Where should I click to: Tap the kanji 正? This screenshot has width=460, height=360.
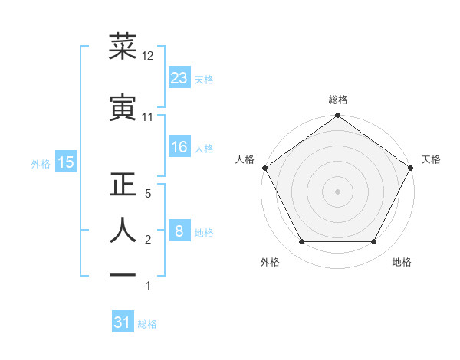pyautogui.click(x=123, y=185)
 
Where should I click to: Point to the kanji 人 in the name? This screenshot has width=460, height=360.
pyautogui.click(x=123, y=230)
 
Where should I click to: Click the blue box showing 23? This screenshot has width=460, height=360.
pyautogui.click(x=179, y=78)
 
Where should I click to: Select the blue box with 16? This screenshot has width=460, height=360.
pyautogui.click(x=179, y=148)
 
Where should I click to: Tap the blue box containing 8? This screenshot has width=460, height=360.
pyautogui.click(x=179, y=232)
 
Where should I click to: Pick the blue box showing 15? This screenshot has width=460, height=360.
pyautogui.click(x=65, y=162)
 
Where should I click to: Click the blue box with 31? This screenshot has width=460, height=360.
pyautogui.click(x=123, y=323)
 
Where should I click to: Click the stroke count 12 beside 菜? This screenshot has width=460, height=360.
pyautogui.click(x=148, y=56)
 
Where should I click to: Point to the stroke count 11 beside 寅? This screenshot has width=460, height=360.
pyautogui.click(x=147, y=117)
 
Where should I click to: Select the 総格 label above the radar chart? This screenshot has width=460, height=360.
pyautogui.click(x=337, y=100)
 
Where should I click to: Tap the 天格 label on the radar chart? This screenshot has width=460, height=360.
pyautogui.click(x=432, y=159)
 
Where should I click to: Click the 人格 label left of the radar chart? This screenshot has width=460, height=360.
pyautogui.click(x=245, y=159)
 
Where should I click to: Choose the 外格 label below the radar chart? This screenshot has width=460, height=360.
pyautogui.click(x=270, y=263)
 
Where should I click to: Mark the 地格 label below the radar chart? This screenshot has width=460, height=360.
pyautogui.click(x=402, y=263)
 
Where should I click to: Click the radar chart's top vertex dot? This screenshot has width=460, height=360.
pyautogui.click(x=337, y=116)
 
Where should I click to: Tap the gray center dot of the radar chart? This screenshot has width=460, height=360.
pyautogui.click(x=337, y=191)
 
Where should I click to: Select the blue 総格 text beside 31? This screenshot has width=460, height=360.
pyautogui.click(x=148, y=324)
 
